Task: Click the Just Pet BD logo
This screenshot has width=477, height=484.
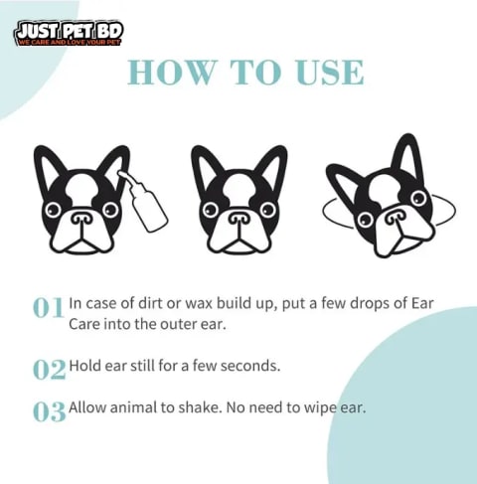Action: tap(69, 34)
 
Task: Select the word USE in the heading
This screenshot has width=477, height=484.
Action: tap(330, 73)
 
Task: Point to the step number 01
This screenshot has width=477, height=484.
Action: tap(49, 307)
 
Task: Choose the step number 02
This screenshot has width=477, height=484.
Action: tap(50, 370)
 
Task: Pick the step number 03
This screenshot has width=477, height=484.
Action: tap(50, 411)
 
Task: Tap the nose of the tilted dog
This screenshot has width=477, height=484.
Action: tap(396, 217)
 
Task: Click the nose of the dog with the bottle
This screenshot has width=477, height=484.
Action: tap(82, 218)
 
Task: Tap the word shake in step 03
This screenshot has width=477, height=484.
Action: tap(200, 407)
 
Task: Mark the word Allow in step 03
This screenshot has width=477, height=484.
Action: tap(87, 407)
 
